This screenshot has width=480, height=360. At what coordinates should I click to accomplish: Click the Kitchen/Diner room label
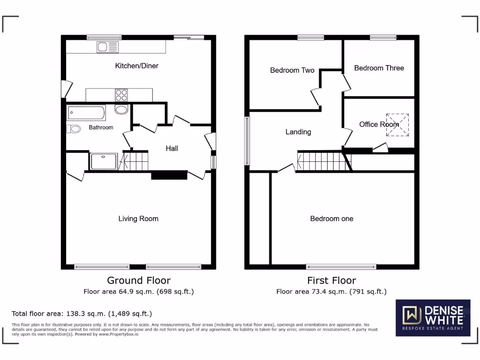(x=137, y=66)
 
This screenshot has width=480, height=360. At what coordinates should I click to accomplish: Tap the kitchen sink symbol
(x=108, y=47)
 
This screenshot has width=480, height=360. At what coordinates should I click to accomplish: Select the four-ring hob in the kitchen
(x=121, y=95)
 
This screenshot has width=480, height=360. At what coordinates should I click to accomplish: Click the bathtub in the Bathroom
(x=86, y=112)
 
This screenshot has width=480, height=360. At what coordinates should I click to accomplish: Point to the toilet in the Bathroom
(x=74, y=128)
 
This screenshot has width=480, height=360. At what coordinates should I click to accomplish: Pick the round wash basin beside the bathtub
(x=121, y=110)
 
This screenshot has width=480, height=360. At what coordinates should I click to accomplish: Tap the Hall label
(x=172, y=149)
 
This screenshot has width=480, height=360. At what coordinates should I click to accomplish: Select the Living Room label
(x=138, y=218)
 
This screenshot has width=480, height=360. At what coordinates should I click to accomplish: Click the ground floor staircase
(x=135, y=161)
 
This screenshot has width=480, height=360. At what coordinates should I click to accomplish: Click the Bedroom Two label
(x=292, y=70)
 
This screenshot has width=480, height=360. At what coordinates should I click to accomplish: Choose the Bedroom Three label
(x=379, y=68)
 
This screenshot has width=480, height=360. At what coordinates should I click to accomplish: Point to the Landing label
(x=298, y=132)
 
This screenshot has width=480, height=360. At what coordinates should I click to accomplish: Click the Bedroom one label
(x=332, y=218)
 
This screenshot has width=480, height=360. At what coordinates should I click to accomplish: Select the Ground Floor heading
(x=138, y=280)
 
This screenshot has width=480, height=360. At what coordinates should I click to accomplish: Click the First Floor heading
(x=331, y=280)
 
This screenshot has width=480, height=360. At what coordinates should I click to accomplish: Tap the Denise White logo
(x=433, y=318)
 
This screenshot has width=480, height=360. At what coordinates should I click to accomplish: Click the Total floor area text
(x=82, y=314)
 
